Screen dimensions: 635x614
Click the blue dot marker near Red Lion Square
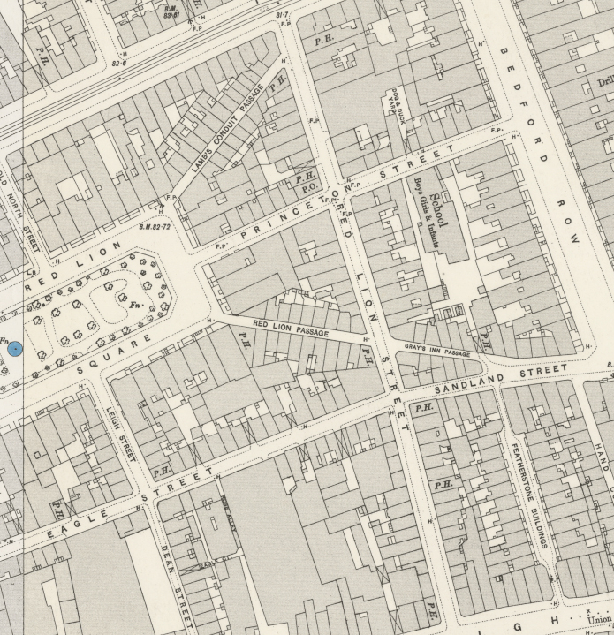click(x=15, y=351)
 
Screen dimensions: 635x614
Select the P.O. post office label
click(x=309, y=187)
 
